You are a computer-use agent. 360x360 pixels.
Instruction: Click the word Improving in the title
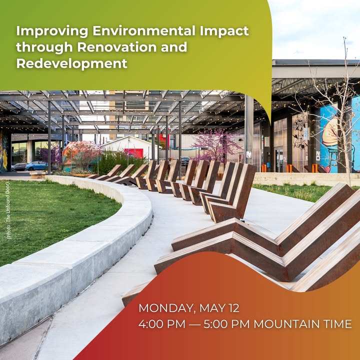(x=52, y=31)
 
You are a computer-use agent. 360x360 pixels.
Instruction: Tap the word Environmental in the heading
(x=144, y=31)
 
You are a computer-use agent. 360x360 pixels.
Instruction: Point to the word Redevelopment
(x=71, y=63)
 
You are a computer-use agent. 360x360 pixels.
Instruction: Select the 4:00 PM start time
(x=162, y=324)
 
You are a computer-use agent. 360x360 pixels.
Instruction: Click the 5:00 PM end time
(x=226, y=324)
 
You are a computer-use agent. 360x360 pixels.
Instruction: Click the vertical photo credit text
(x=8, y=210)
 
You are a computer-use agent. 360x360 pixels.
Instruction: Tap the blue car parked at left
(x=36, y=165)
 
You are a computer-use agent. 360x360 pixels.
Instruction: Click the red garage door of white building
(x=134, y=153)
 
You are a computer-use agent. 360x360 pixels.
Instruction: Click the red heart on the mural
(x=326, y=169)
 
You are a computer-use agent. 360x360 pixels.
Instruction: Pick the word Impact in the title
(x=224, y=31)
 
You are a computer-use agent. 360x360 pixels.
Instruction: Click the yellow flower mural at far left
(x=4, y=151)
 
